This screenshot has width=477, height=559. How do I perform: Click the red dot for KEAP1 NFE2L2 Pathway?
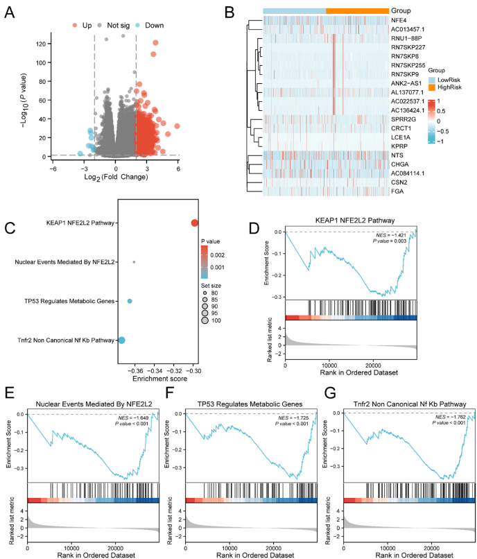pos(195,223)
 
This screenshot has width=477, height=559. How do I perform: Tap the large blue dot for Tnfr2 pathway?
pos(121,340)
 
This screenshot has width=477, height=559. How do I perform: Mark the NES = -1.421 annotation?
pos(394,234)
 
